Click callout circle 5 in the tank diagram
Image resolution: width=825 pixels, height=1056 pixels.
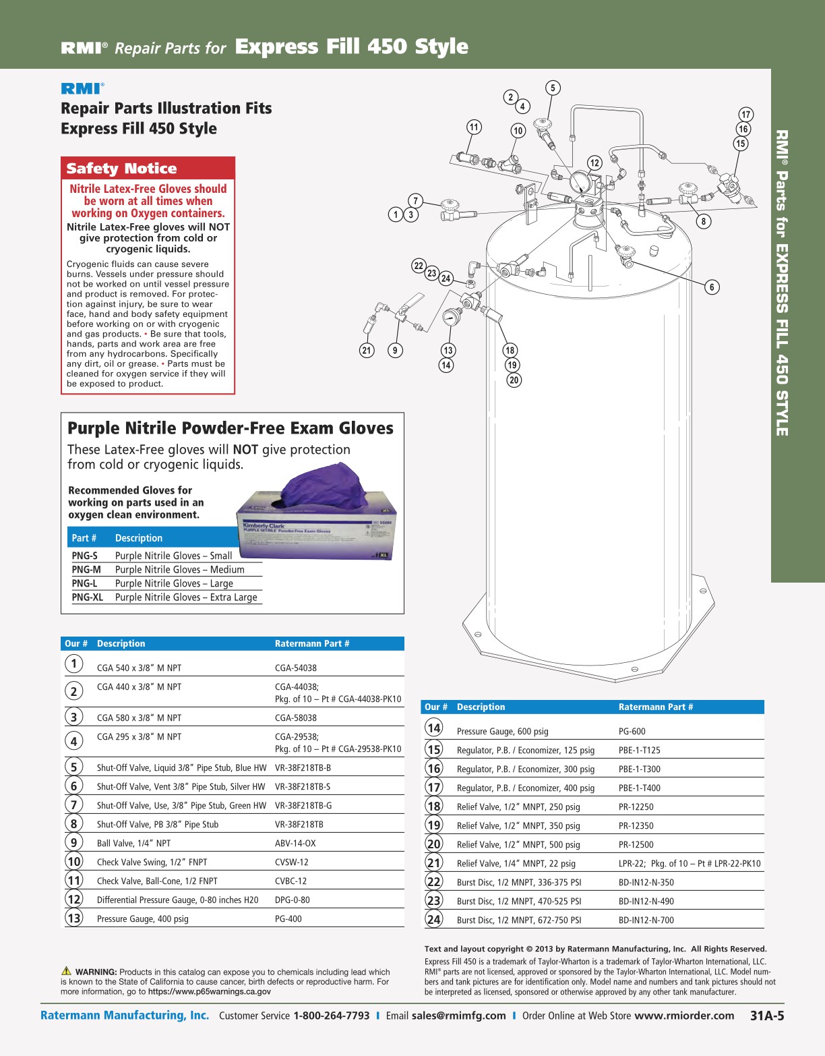(553, 88)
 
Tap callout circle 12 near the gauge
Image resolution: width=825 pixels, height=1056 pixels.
(594, 163)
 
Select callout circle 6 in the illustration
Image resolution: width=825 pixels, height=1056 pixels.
(712, 287)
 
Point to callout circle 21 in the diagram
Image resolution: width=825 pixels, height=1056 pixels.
(367, 350)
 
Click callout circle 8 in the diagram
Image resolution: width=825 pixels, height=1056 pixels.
(704, 221)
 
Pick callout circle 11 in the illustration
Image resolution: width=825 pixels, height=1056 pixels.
(475, 127)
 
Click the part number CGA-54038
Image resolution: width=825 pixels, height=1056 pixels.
(295, 668)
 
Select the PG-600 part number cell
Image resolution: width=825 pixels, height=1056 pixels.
(632, 732)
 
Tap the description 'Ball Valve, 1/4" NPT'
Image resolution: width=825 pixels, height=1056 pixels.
(133, 844)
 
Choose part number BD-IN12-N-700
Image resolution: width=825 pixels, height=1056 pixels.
(646, 920)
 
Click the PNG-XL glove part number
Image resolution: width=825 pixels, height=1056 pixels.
(88, 597)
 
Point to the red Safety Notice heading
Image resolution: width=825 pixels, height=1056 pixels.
(121, 169)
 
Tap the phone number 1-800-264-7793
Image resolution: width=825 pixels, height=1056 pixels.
(331, 1016)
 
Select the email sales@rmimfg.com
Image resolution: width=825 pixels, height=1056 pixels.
(458, 1016)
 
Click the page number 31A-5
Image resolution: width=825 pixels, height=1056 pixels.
(767, 1016)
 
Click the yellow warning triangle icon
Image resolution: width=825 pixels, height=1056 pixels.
(66, 971)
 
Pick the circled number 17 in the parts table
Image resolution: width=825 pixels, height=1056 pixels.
(434, 787)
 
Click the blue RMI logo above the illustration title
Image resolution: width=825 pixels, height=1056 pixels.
(82, 88)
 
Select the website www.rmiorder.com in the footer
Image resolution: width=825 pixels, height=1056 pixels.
(684, 1016)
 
